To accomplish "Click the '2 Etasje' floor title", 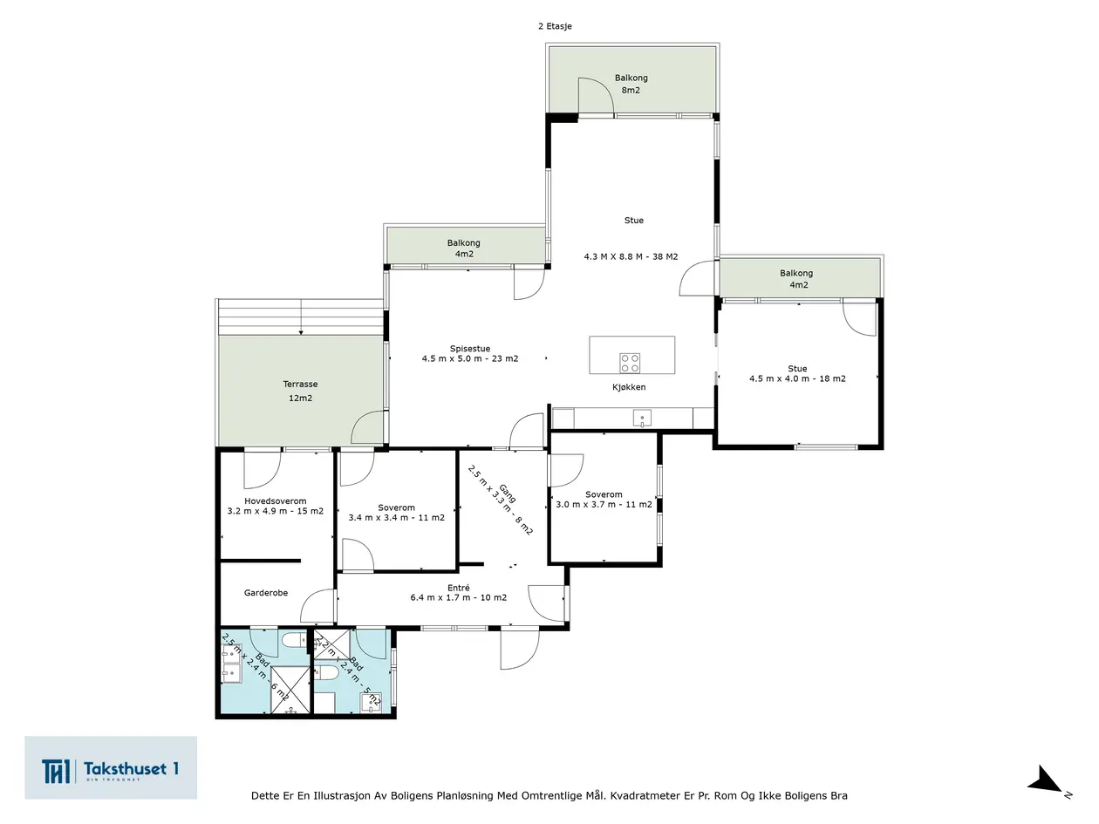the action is click(555, 26).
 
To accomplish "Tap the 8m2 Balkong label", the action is click(631, 84).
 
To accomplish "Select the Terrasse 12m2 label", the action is click(300, 391).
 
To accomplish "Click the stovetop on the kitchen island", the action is click(630, 364).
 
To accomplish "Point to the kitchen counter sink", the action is click(642, 419).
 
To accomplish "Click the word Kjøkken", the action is click(629, 387).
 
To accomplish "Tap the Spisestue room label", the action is click(469, 353).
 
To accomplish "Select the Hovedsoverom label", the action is click(276, 506).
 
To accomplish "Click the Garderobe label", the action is click(266, 593).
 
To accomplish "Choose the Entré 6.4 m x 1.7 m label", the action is click(458, 592).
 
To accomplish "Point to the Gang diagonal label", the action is click(501, 500).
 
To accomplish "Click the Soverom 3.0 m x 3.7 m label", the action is click(604, 500).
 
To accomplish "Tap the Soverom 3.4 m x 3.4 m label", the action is click(397, 513).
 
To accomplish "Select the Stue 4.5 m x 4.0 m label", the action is click(797, 373).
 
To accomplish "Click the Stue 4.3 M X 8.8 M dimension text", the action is click(631, 256).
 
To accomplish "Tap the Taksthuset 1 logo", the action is click(111, 767).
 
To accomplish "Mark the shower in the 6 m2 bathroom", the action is click(290, 690).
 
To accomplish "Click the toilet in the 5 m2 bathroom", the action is click(327, 672).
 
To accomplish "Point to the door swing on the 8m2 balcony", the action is click(596, 96).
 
